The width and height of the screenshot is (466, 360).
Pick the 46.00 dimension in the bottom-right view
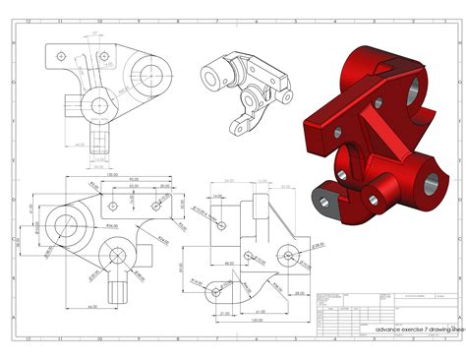coord(228,263)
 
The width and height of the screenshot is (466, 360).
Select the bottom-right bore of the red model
coord(430,182)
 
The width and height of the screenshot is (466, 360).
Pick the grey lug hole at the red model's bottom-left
coord(324,200)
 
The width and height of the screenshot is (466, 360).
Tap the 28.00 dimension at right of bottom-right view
coord(302,274)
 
